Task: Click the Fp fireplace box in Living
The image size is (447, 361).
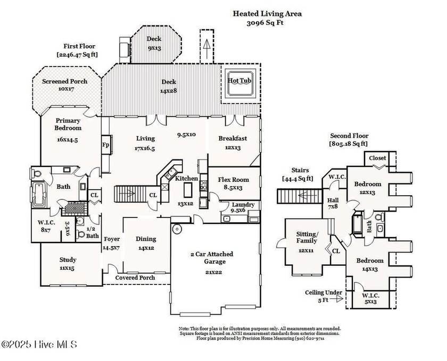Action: [105, 144]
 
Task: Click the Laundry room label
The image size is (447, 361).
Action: [243, 207]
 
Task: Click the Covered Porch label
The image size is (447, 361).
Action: [136, 278]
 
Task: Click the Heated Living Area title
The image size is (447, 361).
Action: [268, 14]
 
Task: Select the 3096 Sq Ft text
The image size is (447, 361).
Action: [268, 23]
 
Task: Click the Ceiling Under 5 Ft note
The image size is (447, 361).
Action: [324, 296]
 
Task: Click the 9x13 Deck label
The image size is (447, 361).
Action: [154, 43]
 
